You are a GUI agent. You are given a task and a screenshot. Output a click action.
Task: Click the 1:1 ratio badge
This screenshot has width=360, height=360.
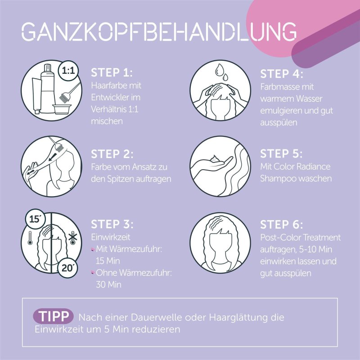point(68,71)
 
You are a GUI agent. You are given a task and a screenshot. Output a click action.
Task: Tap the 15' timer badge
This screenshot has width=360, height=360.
point(35,219)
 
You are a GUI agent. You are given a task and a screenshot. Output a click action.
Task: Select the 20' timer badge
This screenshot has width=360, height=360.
point(67,268)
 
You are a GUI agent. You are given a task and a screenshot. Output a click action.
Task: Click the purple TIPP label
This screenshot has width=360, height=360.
point(53,316)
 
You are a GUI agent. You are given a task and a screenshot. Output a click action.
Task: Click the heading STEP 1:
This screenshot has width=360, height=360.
point(112,72)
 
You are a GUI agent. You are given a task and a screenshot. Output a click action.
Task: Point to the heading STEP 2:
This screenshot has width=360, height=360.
point(112,154)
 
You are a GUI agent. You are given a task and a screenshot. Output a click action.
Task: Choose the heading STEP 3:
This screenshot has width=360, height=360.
point(112,224)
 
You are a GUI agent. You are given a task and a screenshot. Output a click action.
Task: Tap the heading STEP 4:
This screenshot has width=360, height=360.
point(282,74)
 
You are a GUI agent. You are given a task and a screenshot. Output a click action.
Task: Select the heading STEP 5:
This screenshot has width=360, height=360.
point(281,153)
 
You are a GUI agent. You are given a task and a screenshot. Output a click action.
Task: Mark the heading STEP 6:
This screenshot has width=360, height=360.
point(282,224)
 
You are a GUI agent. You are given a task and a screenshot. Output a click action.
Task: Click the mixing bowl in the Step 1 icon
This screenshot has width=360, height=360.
point(62,109)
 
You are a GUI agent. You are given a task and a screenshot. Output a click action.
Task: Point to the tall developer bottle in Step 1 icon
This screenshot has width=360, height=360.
point(48,89)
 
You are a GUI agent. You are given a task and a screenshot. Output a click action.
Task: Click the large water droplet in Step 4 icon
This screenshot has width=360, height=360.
point(220,70)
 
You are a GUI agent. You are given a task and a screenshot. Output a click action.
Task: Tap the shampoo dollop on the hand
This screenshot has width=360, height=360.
point(215,158)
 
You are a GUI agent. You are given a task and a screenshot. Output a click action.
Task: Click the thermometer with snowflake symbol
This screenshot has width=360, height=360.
point(73,238)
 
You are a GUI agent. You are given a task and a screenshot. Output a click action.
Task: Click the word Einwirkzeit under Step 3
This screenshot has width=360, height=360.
point(111,237)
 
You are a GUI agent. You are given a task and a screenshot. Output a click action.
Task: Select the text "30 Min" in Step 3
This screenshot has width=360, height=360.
point(108,285)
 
